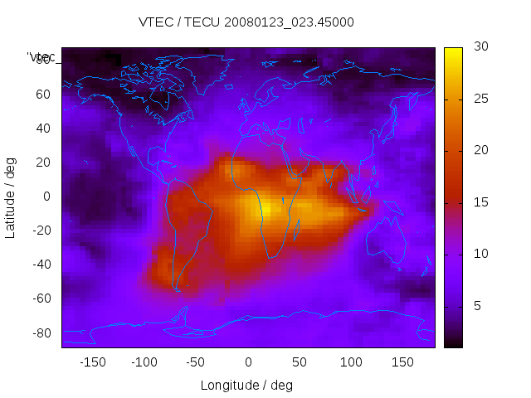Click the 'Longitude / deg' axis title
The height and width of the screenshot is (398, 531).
tap(246, 385)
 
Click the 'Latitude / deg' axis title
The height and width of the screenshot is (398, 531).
tap(11, 197)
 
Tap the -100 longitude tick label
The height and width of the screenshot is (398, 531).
tap(144, 362)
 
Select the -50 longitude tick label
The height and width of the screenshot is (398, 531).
tap(196, 362)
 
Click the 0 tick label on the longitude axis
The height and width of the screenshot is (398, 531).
tap(247, 362)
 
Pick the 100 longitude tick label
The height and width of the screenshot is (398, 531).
tap(351, 362)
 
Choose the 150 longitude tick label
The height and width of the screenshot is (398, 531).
tap(402, 362)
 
